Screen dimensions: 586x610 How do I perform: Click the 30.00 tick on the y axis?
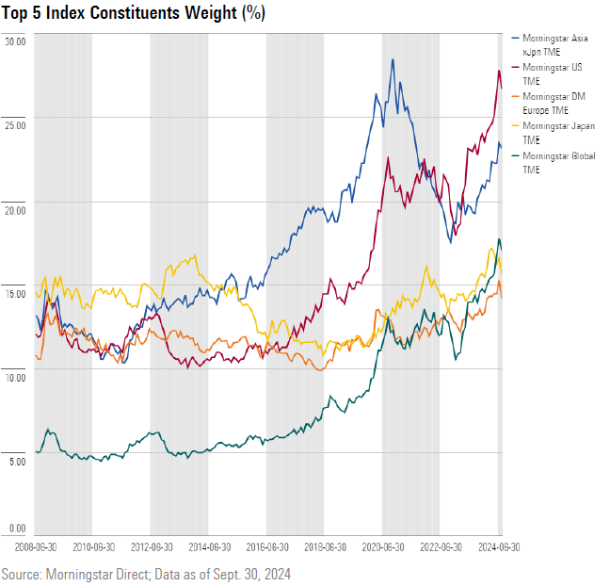(x=15, y=41)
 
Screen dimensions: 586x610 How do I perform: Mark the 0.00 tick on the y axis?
(x=15, y=529)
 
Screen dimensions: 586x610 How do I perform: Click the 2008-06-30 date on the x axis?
(x=35, y=546)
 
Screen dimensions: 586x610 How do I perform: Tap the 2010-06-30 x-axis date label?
(x=93, y=546)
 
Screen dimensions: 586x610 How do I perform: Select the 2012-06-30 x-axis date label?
(x=151, y=546)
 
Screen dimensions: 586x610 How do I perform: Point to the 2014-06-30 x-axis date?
(x=209, y=546)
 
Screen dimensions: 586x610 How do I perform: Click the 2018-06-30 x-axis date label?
(x=325, y=546)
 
